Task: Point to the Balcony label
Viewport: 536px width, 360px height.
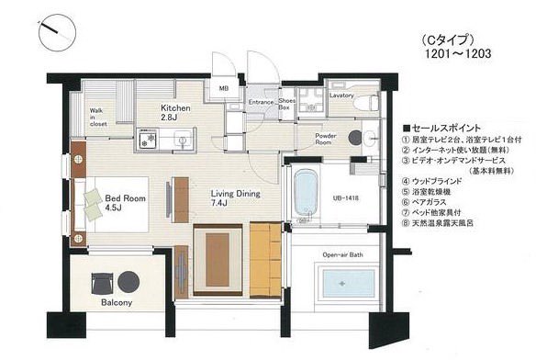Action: pyautogui.click(x=117, y=303)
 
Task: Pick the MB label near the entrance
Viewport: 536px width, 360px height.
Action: pyautogui.click(x=223, y=88)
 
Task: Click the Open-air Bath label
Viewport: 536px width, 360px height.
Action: pyautogui.click(x=342, y=254)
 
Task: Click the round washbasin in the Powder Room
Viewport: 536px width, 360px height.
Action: pyautogui.click(x=367, y=139)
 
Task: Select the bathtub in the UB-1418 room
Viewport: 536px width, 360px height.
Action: pyautogui.click(x=305, y=193)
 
